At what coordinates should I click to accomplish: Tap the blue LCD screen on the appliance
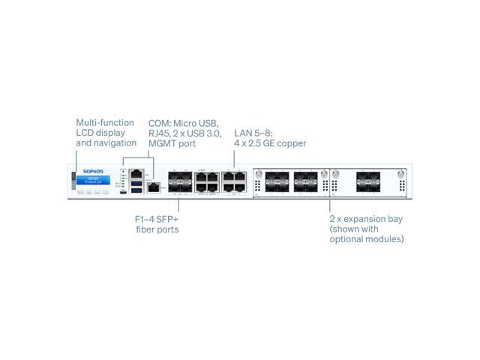pyautogui.click(x=93, y=181)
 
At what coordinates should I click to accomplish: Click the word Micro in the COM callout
pyautogui.click(x=186, y=122)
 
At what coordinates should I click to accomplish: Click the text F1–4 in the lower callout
pyautogui.click(x=145, y=219)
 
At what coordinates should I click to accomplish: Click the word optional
pyautogui.click(x=347, y=239)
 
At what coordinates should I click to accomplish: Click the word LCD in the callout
pyautogui.click(x=85, y=133)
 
